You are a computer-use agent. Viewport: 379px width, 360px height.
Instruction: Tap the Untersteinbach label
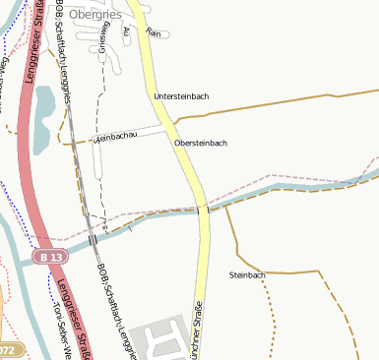181,96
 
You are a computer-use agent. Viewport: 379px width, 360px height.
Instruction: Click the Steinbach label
247,274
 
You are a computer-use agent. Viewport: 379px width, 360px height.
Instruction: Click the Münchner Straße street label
197,328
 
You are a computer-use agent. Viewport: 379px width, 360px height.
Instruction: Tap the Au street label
126,32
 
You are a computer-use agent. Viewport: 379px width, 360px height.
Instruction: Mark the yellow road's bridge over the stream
203,210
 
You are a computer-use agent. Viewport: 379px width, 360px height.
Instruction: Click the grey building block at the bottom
158,339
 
